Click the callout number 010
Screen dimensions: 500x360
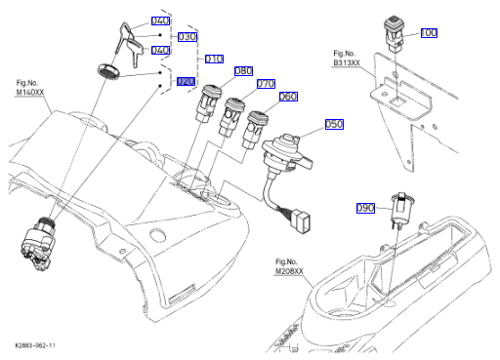tap(214, 59)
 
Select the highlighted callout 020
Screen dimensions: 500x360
tap(186, 81)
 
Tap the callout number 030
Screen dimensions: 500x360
tap(187, 37)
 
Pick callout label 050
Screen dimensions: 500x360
tap(334, 124)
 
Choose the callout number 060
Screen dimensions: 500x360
tap(288, 97)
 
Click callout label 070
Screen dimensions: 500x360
tap(266, 84)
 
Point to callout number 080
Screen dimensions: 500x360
tap(243, 71)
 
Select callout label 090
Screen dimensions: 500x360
tap(365, 208)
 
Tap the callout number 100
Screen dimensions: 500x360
tap(429, 33)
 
